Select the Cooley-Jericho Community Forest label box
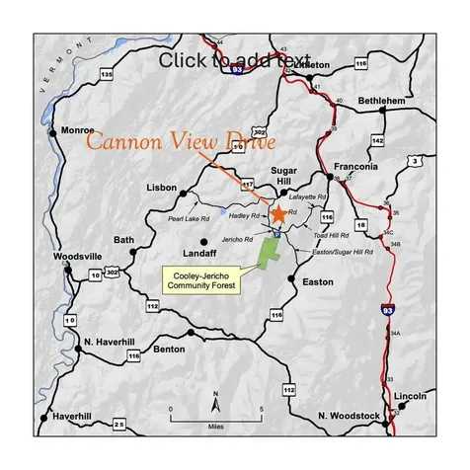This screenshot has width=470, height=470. click(202, 278)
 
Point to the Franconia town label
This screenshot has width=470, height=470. click(356, 166)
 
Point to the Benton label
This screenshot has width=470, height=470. click(169, 349)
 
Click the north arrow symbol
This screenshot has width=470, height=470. click(216, 400)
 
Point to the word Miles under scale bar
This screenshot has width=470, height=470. click(215, 427)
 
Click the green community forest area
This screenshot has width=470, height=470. click(268, 252)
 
